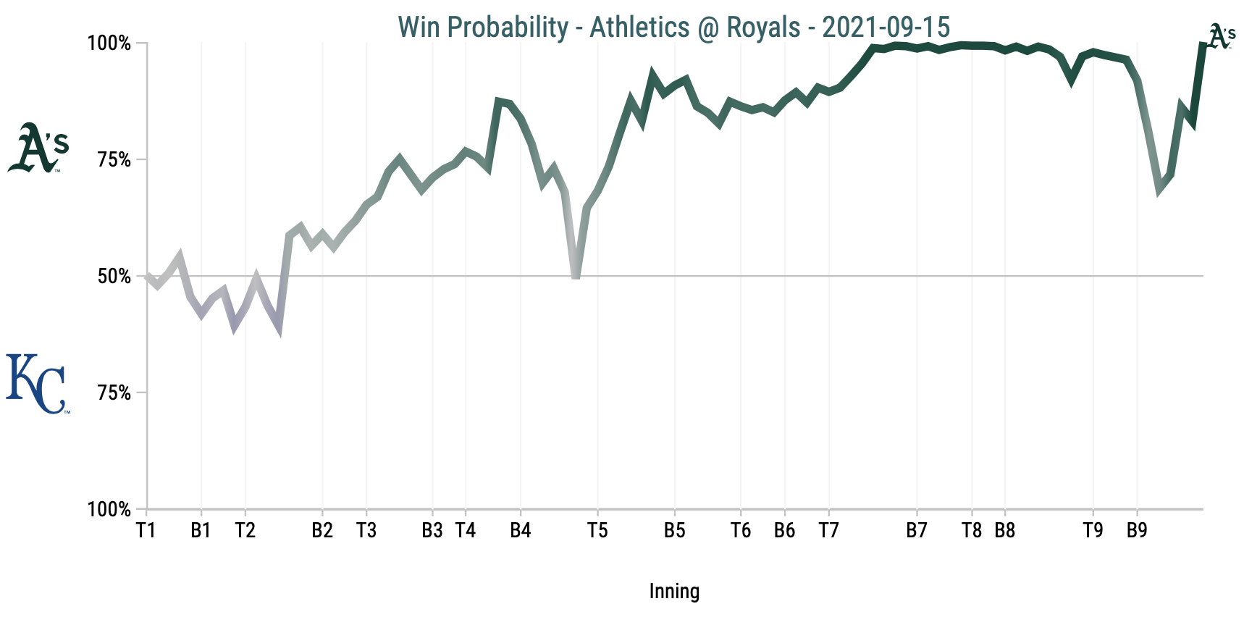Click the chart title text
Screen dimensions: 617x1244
point(673,27)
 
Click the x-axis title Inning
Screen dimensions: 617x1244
point(674,592)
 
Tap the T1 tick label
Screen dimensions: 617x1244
point(146,531)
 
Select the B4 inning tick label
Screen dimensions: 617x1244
point(520,531)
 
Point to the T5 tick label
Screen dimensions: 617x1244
point(597,531)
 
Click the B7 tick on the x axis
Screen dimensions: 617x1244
point(917,531)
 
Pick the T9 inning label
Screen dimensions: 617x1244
point(1093,531)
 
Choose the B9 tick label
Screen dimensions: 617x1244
point(1137,531)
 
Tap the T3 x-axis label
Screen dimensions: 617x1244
point(366,531)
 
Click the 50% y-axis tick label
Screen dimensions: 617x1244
point(114,277)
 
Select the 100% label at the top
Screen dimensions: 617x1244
point(109,43)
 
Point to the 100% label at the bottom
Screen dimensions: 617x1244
point(109,510)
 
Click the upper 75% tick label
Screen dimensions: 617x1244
point(114,160)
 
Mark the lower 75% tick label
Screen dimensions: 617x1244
point(114,393)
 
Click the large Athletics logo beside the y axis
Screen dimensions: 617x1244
point(38,148)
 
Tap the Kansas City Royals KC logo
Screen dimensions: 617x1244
point(38,384)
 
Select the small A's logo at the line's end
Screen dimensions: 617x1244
point(1222,37)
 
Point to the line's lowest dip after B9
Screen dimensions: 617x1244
point(1160,190)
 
